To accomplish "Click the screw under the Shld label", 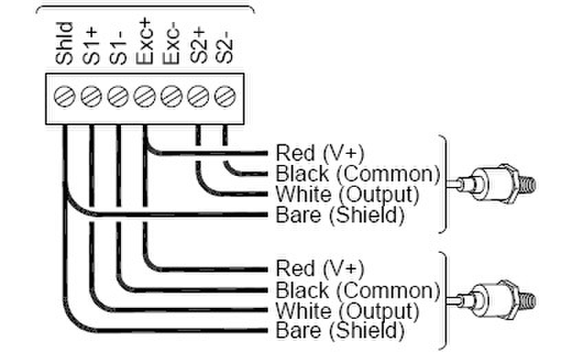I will click(64, 95).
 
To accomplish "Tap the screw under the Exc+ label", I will click(144, 95).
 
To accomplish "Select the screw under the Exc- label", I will click(170, 95).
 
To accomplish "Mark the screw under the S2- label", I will click(224, 95).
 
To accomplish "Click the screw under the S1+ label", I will click(91, 95).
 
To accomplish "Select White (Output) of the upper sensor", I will click(347, 194).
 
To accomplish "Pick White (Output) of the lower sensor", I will click(347, 309).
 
